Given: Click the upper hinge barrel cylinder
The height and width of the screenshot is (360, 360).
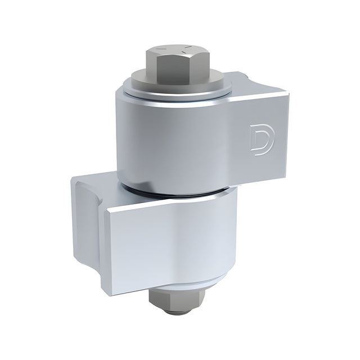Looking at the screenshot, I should pyautogui.click(x=169, y=141).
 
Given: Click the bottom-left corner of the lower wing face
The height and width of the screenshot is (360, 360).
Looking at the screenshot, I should pyautogui.click(x=105, y=292).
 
